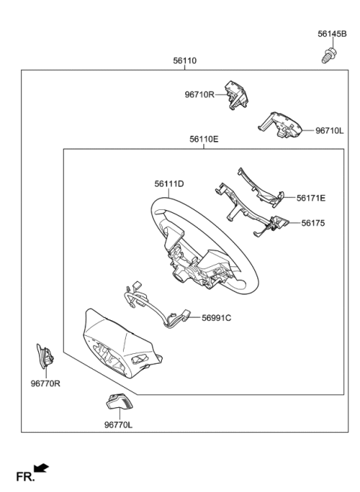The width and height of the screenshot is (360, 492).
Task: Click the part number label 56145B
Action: point(331,34)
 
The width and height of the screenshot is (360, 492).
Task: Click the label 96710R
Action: point(199,94)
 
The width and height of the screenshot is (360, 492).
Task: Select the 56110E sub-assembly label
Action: point(204,139)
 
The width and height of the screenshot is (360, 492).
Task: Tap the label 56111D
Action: point(169,183)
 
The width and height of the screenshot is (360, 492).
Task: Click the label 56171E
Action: point(310,198)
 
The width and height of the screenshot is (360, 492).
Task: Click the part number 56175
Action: point(316,223)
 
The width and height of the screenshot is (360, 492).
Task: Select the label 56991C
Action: point(216,318)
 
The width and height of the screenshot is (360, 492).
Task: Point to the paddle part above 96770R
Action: point(44,355)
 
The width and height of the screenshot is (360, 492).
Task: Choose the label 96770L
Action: point(118,424)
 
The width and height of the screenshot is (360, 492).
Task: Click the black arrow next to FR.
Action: point(42,469)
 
